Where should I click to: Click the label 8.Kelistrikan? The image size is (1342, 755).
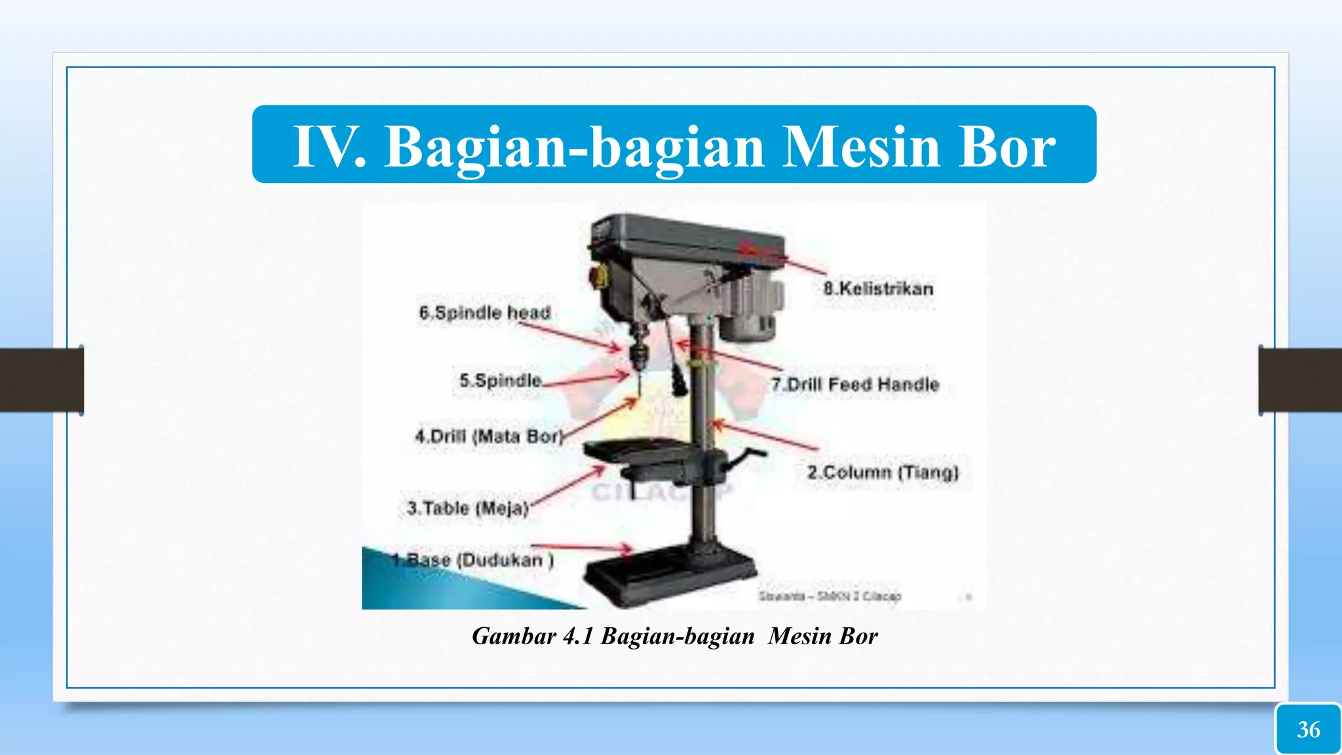tap(878, 288)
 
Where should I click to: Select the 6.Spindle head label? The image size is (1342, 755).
tap(485, 313)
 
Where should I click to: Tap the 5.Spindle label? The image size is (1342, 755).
tap(501, 380)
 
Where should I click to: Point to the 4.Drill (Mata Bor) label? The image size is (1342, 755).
tap(489, 436)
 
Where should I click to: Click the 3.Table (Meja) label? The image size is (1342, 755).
tap(468, 508)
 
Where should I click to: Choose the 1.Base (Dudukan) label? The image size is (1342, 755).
tap(473, 560)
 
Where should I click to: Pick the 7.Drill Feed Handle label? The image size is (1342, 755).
tap(855, 384)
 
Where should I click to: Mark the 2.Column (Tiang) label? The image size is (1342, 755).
tap(883, 472)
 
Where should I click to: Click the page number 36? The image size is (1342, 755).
tap(1309, 729)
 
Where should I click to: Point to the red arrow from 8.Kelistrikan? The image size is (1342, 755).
tap(786, 258)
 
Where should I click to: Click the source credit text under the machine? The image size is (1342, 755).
tap(830, 596)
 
